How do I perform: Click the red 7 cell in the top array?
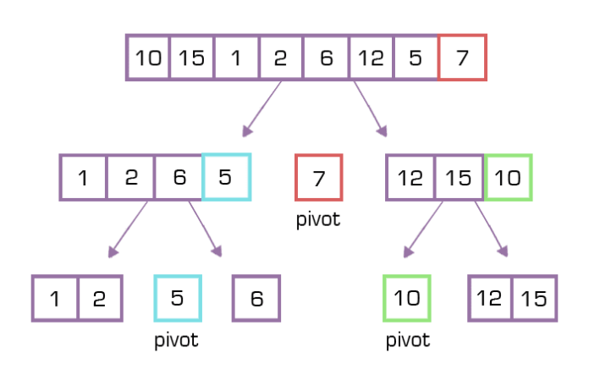tap(462, 58)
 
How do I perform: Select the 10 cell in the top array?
tap(149, 58)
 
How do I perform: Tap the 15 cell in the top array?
tap(192, 58)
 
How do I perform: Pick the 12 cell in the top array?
tap(372, 58)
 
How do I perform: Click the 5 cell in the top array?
tap(416, 58)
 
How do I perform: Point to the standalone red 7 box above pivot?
tap(318, 178)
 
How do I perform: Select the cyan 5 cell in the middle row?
tap(226, 178)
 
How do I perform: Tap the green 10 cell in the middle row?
tap(507, 178)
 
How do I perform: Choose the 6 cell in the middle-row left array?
tap(179, 178)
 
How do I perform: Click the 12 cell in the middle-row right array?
tap(410, 178)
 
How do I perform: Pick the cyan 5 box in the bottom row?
tap(178, 299)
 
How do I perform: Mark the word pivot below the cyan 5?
tap(178, 340)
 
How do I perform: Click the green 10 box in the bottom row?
tap(407, 299)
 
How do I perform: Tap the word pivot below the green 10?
tap(407, 340)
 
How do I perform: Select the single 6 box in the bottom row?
tap(256, 299)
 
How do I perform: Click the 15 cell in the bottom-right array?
tap(534, 299)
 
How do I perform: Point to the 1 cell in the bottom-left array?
tap(55, 299)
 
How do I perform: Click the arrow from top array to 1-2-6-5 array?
tap(262, 108)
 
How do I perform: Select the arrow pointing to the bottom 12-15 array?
tap(491, 229)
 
